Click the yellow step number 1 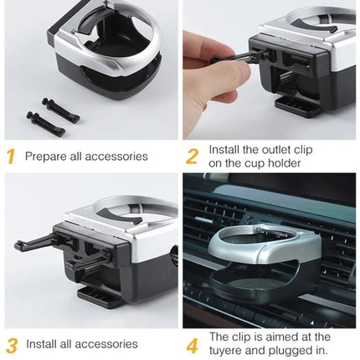(12, 157)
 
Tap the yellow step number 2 (192, 157)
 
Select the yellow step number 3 (12, 343)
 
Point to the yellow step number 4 (192, 343)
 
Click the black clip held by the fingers (251, 52)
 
